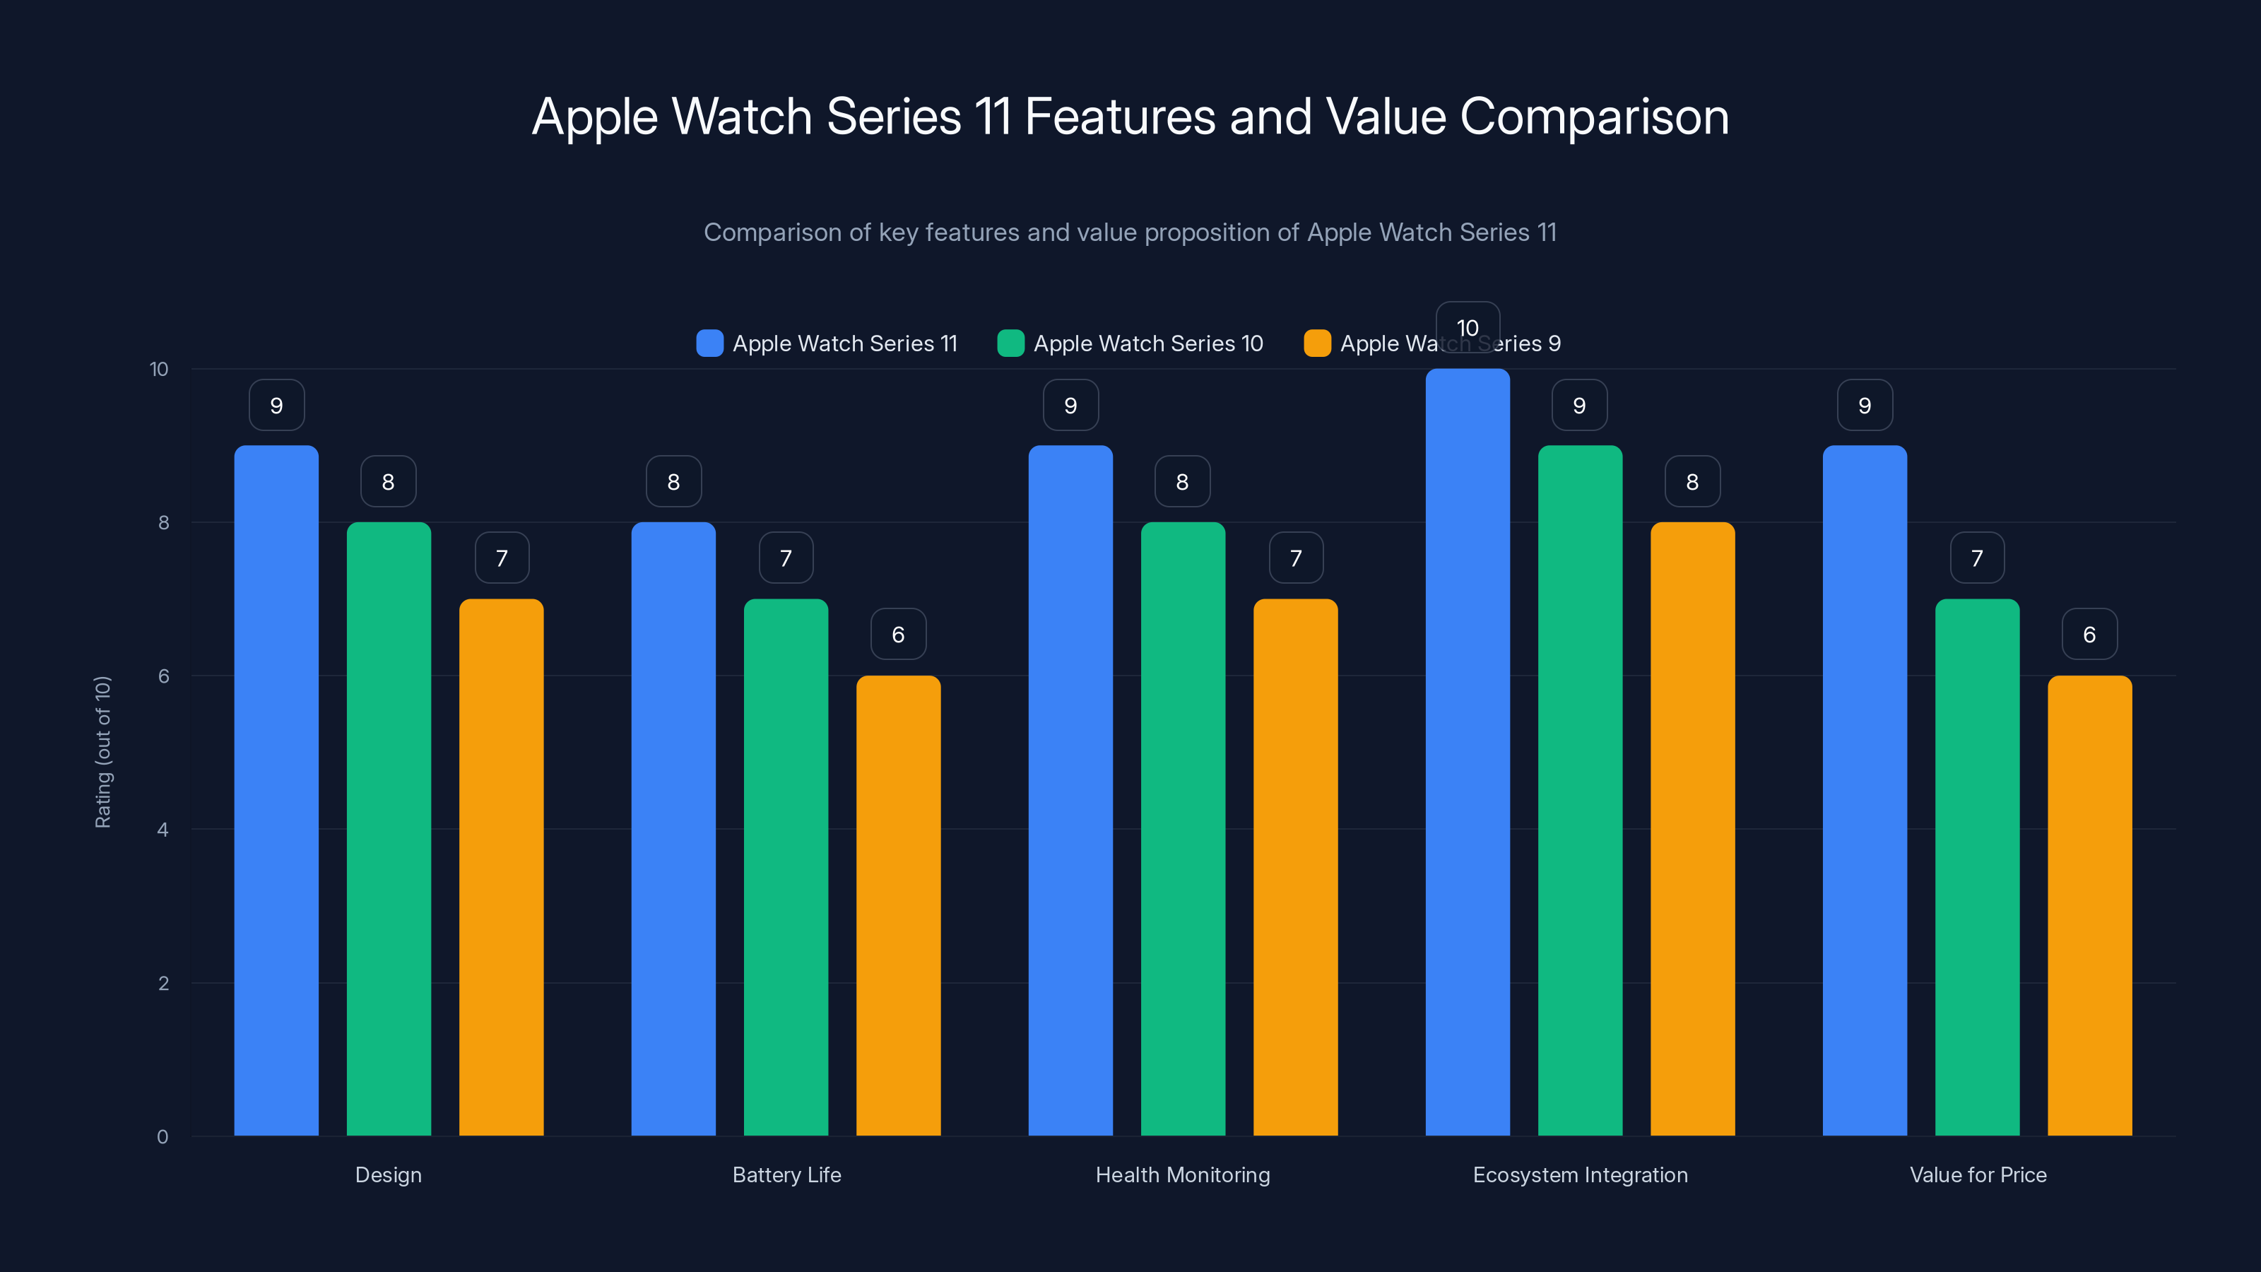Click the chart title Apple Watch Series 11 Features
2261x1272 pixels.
(x=1130, y=117)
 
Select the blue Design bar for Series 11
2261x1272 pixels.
(x=276, y=790)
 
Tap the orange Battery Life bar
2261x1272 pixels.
(x=898, y=905)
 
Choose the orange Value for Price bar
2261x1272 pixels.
(x=2089, y=905)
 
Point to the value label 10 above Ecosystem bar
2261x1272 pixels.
(x=1468, y=327)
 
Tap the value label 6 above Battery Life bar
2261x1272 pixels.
(x=898, y=634)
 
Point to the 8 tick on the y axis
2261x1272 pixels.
(x=163, y=522)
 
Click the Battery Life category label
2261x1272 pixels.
(x=786, y=1174)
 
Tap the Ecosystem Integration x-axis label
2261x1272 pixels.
(x=1580, y=1174)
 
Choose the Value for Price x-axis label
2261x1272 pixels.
(x=1978, y=1174)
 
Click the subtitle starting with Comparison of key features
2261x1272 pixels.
(x=1130, y=232)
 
